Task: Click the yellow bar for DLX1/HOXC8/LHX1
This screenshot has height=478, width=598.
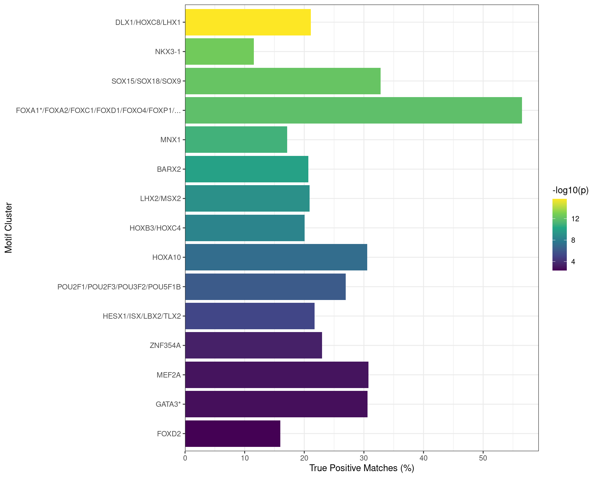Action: [248, 22]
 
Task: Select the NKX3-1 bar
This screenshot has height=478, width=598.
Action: [220, 51]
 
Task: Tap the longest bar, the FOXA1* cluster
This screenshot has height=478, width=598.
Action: [354, 110]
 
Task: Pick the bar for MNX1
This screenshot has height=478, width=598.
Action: [236, 140]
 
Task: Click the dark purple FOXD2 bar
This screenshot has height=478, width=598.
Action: [233, 433]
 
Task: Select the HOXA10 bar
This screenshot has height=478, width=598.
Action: [276, 257]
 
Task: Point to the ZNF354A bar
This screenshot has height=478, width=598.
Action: [254, 345]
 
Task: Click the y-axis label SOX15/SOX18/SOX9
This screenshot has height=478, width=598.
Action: [146, 81]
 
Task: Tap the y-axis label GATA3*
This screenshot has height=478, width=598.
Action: [168, 404]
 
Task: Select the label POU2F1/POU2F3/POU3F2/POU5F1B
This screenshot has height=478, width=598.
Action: [119, 287]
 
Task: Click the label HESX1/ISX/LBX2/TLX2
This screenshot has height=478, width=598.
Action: [142, 316]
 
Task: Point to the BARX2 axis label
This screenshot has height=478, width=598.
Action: [169, 169]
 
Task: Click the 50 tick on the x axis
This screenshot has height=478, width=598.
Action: [483, 458]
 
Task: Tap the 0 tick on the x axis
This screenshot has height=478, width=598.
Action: [185, 458]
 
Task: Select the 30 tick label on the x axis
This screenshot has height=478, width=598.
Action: [364, 458]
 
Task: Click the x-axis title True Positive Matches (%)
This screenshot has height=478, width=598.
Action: [362, 468]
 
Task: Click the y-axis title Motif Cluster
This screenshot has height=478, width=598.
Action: [8, 228]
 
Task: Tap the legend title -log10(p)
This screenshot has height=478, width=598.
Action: [570, 190]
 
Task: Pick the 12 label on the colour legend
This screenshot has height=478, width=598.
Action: [575, 219]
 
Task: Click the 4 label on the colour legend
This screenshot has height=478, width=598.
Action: [573, 262]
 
